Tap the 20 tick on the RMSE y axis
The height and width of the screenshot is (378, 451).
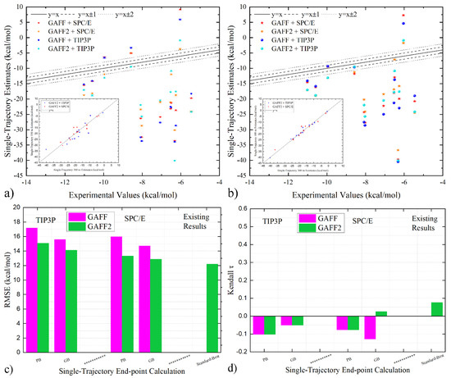click(x=17, y=207)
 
